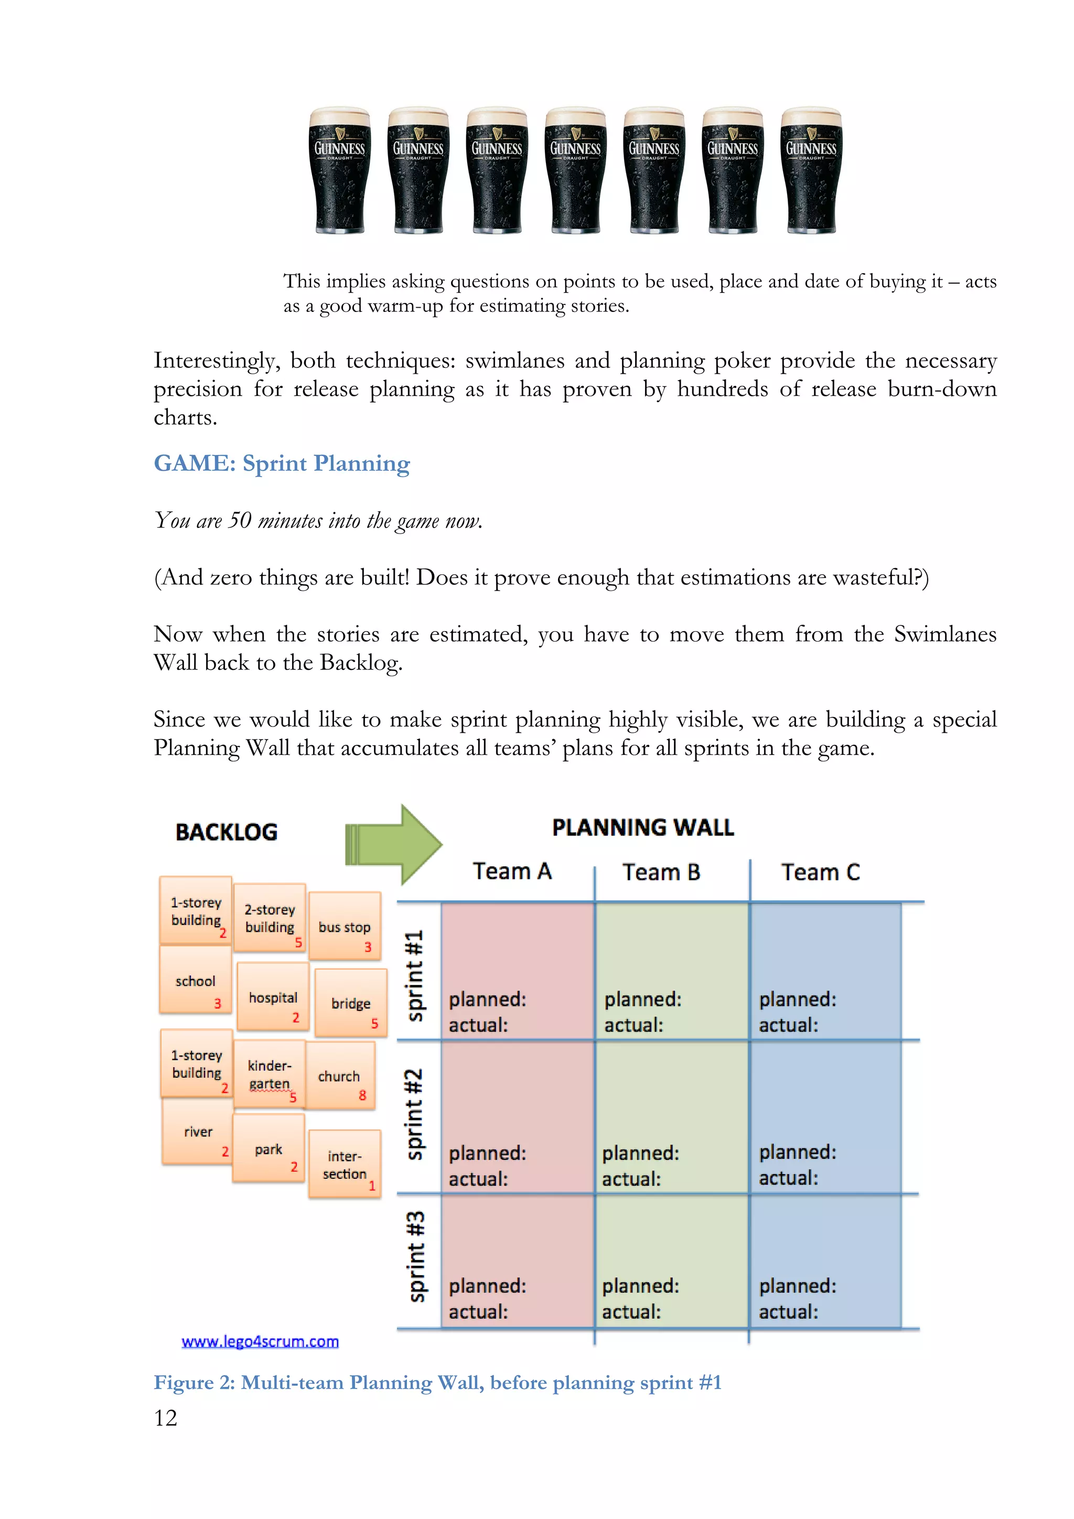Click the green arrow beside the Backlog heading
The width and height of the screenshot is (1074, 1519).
pyautogui.click(x=393, y=845)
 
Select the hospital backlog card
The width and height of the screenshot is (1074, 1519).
pyautogui.click(x=273, y=997)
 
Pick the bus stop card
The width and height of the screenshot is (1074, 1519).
pyautogui.click(x=344, y=926)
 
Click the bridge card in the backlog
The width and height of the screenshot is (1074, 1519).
pyautogui.click(x=351, y=1003)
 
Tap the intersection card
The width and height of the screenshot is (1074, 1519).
pyautogui.click(x=344, y=1164)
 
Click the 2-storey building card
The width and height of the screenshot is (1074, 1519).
pyautogui.click(x=270, y=918)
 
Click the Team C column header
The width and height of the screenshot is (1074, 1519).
pyautogui.click(x=821, y=872)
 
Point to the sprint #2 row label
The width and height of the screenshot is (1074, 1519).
pyautogui.click(x=415, y=1115)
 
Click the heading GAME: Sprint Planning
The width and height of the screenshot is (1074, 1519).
pyautogui.click(x=282, y=463)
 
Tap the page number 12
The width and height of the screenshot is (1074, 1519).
pyautogui.click(x=165, y=1417)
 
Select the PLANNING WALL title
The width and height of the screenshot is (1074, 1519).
pyautogui.click(x=642, y=828)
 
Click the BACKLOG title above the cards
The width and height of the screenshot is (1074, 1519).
pyautogui.click(x=227, y=832)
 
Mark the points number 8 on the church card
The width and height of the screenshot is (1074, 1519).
pyautogui.click(x=362, y=1095)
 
